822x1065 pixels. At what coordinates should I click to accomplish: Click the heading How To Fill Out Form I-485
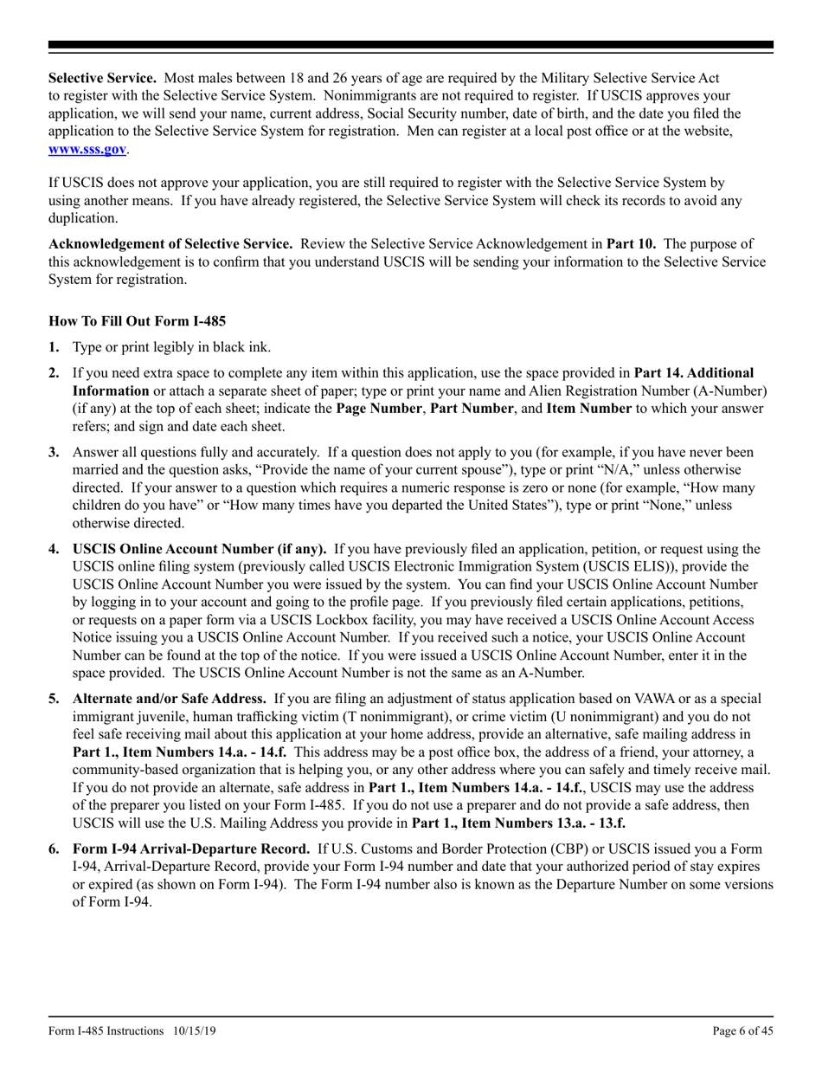pos(138,320)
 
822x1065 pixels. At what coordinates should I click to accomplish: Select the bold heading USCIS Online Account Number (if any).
pos(200,549)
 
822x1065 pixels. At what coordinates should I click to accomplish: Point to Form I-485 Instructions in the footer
pos(106,1030)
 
